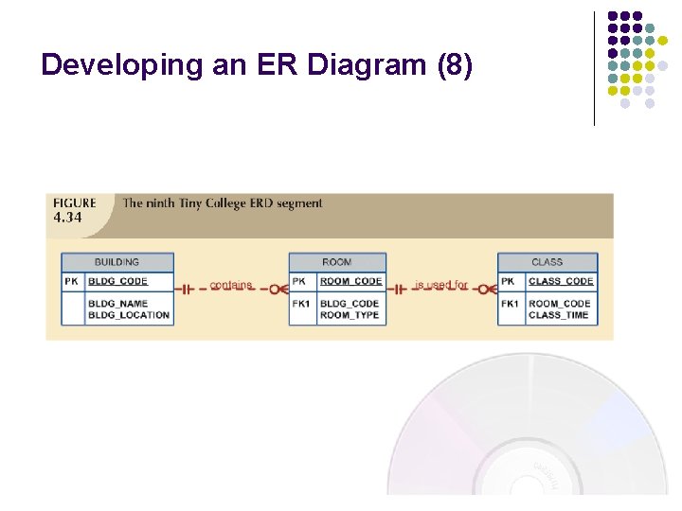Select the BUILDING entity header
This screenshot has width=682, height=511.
(117, 262)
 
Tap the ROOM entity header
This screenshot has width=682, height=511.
(336, 262)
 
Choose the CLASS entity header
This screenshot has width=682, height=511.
(547, 262)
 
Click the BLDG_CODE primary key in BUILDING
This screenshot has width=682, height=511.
(117, 281)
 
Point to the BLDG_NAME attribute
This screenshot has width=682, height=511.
(117, 304)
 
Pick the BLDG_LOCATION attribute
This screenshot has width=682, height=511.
(128, 315)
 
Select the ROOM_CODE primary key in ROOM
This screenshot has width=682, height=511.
(350, 281)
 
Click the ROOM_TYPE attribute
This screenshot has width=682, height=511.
(349, 315)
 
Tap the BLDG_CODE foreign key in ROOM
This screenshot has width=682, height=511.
(349, 304)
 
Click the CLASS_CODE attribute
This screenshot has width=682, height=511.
(561, 281)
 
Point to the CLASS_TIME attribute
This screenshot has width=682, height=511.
(558, 315)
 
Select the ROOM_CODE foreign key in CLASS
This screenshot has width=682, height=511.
(559, 304)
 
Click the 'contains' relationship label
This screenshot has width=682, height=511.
(230, 285)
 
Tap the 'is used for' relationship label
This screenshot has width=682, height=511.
(440, 285)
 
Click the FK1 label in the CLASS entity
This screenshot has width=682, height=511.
(510, 304)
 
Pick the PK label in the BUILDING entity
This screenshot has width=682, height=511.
(72, 281)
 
